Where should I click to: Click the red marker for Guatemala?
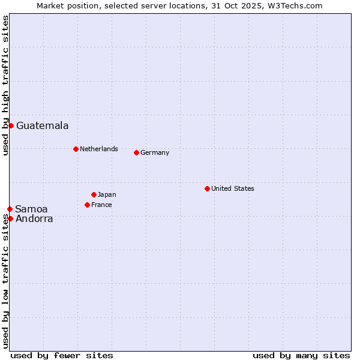pos(11,125)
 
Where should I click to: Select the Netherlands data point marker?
pos(76,149)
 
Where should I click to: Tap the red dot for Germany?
pos(136,152)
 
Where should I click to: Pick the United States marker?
pos(207,188)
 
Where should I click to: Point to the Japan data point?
pos(94,194)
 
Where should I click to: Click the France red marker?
pos(87,205)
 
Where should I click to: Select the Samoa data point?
pos(10,209)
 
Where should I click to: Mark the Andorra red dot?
pos(10,218)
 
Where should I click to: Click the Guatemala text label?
pos(42,126)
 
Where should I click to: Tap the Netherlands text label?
pos(98,149)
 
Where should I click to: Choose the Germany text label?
pos(155,152)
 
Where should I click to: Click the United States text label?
pos(232,188)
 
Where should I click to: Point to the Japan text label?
pos(107,194)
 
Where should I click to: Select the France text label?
pos(101,205)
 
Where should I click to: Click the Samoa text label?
pos(31,209)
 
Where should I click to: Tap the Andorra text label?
pos(34,219)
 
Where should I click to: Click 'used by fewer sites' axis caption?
pos(62,355)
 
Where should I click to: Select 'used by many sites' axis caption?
pos(301,355)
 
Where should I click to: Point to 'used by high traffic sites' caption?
pos(6,85)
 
